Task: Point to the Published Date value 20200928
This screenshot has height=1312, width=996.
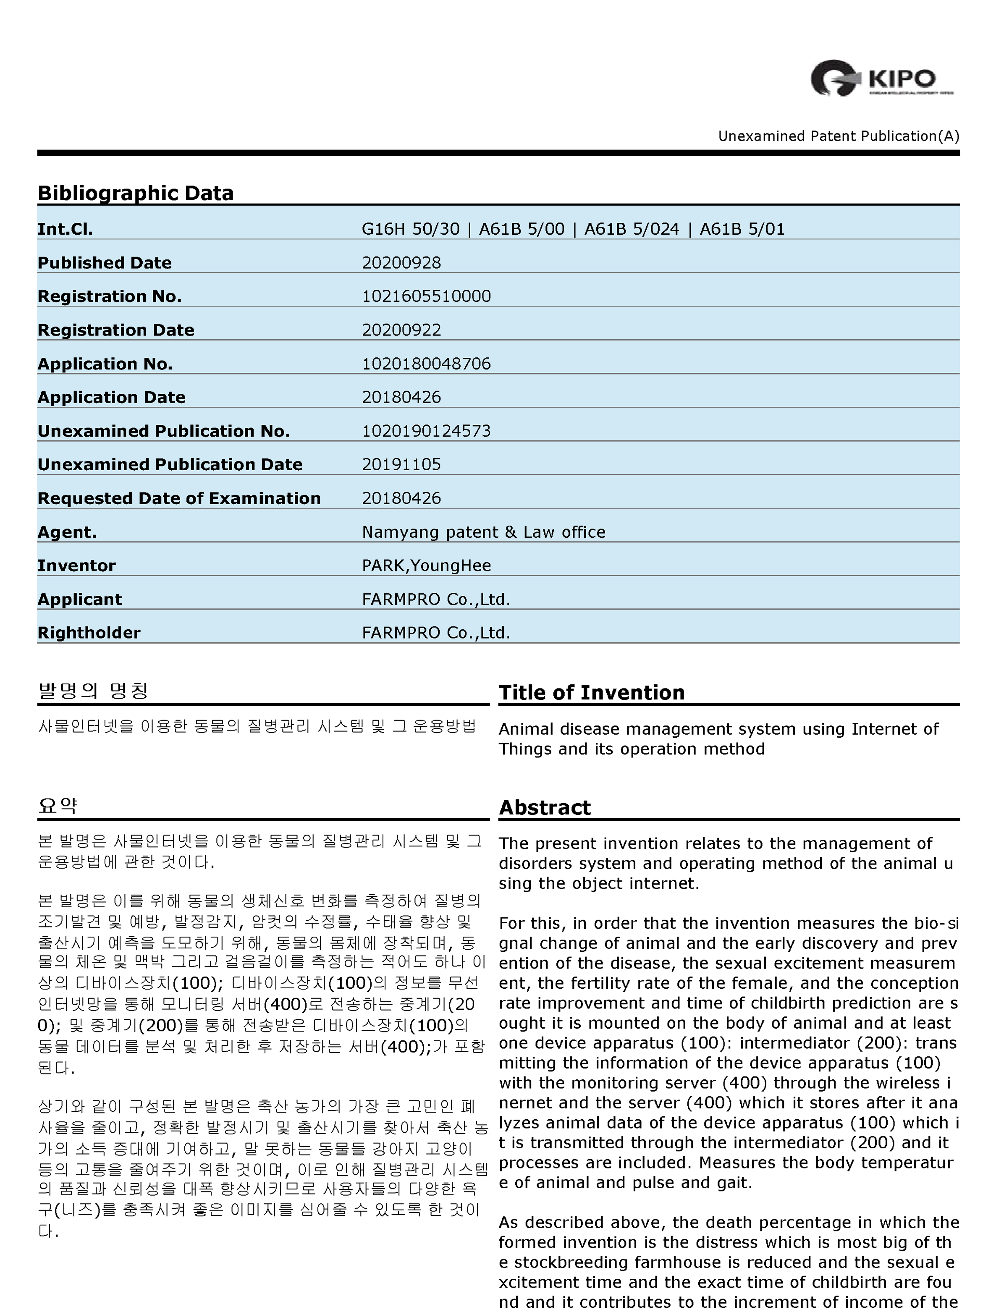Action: (x=401, y=263)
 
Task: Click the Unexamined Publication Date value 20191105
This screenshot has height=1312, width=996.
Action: (x=401, y=464)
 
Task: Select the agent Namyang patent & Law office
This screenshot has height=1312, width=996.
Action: (x=483, y=532)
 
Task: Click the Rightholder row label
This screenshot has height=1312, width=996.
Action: (x=89, y=633)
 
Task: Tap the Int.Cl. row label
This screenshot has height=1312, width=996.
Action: (x=65, y=229)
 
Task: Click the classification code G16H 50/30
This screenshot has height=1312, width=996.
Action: (x=411, y=229)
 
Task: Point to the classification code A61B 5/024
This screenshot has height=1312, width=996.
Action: (x=632, y=229)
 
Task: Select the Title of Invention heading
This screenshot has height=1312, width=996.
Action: (x=592, y=693)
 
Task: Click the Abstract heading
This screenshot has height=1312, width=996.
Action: (x=545, y=808)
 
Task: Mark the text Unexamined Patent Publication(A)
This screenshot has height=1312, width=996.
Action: (x=838, y=136)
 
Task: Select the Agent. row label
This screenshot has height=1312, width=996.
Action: (x=67, y=532)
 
